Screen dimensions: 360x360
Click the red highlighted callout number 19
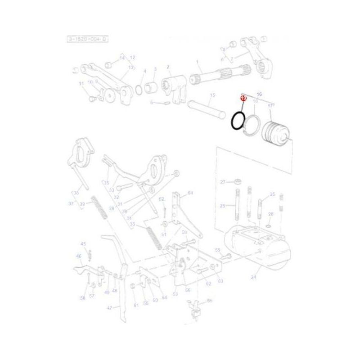click(x=243, y=97)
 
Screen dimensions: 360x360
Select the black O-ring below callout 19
click(x=238, y=121)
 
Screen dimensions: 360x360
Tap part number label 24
click(x=253, y=278)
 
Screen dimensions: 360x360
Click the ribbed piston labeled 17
click(x=276, y=131)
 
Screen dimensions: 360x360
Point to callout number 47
click(x=110, y=308)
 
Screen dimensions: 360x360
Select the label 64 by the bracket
click(x=190, y=193)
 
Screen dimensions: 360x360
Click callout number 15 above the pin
click(x=213, y=95)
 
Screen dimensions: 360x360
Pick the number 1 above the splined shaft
click(x=197, y=62)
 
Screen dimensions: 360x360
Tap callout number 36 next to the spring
click(x=132, y=224)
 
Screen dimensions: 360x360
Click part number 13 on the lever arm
click(x=131, y=67)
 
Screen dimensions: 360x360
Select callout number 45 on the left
click(x=83, y=244)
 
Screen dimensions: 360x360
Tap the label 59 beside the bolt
click(x=217, y=250)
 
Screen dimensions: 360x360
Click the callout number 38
click(x=76, y=193)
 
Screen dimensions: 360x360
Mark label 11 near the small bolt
click(x=81, y=84)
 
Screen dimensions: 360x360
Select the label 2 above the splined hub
click(x=168, y=67)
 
